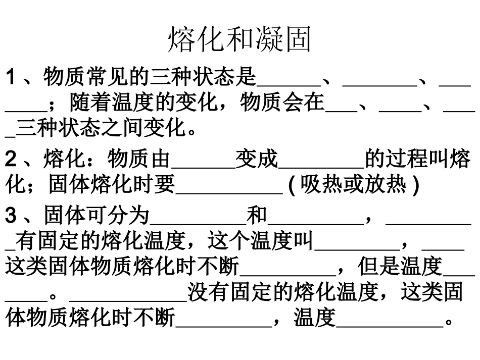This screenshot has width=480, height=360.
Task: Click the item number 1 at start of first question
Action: pos(11,78)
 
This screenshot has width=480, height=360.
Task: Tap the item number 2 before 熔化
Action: pos(11,161)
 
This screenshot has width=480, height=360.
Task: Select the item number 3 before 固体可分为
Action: pos(11,216)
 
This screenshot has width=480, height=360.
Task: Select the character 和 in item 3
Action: pos(257,216)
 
